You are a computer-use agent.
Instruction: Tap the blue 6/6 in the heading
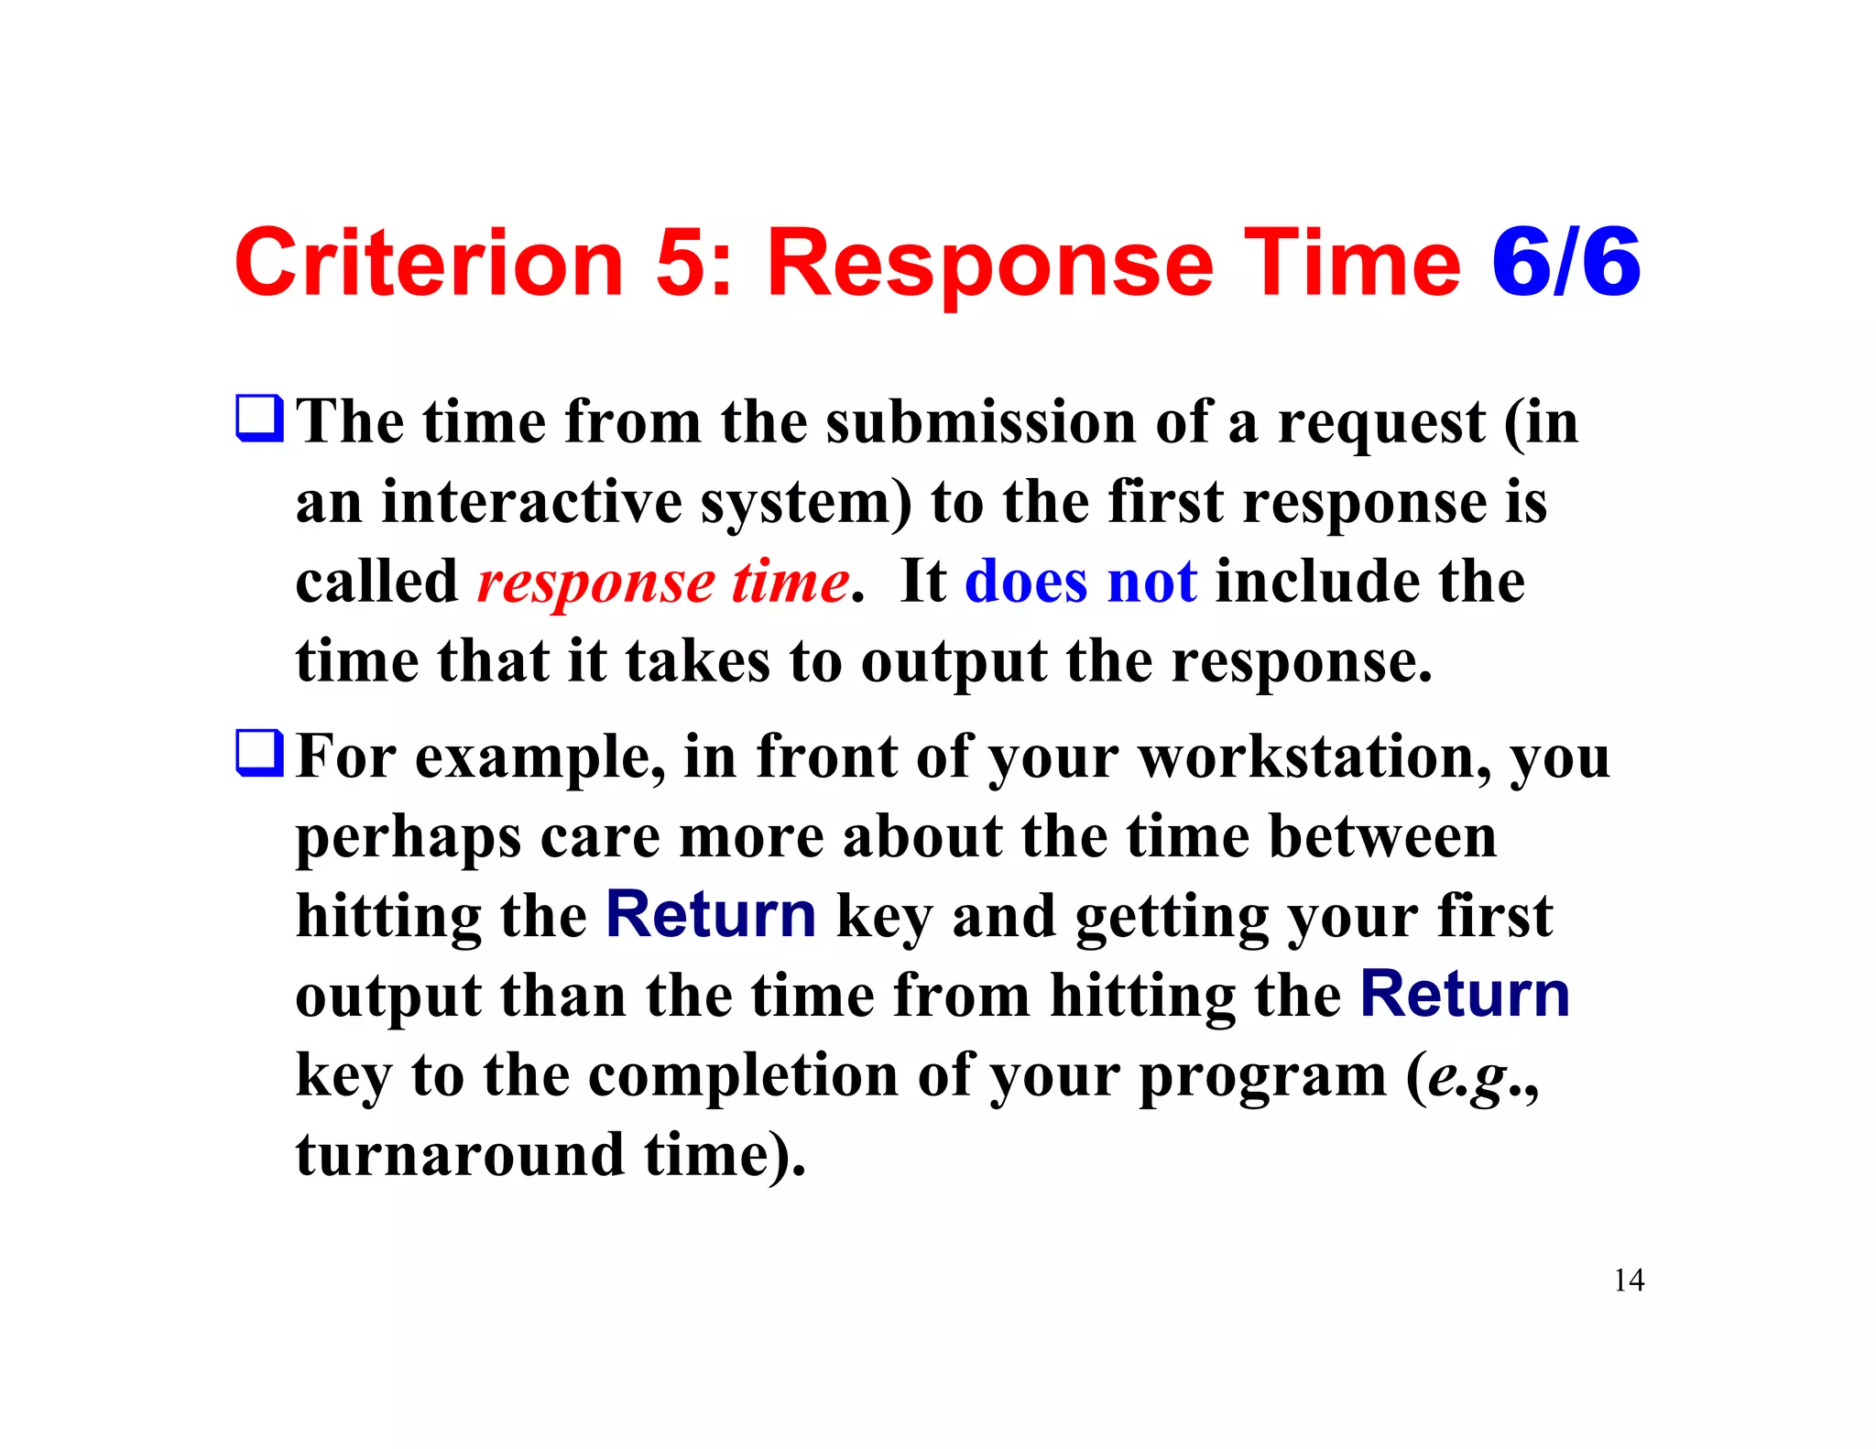tap(1565, 264)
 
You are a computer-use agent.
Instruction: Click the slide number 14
tap(1629, 1280)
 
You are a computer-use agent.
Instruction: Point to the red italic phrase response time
tap(663, 582)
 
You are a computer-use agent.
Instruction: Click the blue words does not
tap(1080, 582)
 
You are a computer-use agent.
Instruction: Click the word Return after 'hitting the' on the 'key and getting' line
tap(711, 915)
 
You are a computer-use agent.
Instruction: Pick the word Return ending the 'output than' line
tap(1465, 995)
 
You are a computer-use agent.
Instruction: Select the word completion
tap(743, 1074)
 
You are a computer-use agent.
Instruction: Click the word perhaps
tap(408, 838)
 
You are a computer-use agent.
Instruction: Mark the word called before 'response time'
tap(376, 582)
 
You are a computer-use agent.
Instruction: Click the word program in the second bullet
tap(1262, 1076)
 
